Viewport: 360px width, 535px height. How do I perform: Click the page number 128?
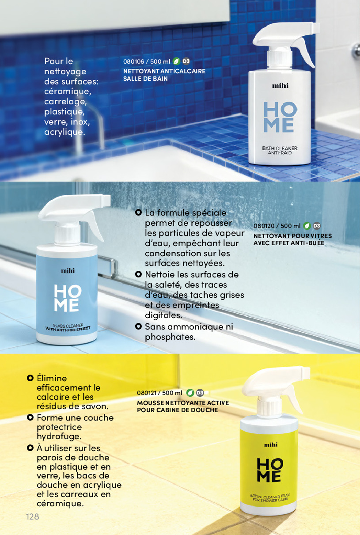[x=33, y=516]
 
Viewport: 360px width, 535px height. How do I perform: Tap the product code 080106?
[x=134, y=61]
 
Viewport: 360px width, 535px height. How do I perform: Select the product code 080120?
[x=264, y=226]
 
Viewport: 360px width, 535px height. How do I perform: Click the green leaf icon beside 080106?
[x=176, y=61]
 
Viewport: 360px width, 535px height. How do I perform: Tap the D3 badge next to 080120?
[x=317, y=226]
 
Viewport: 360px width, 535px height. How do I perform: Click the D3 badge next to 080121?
[x=200, y=393]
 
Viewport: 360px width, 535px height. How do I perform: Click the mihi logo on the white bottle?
[x=280, y=86]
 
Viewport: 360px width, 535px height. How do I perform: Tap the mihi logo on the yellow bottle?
[x=271, y=445]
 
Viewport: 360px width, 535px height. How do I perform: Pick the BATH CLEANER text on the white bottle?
[x=280, y=148]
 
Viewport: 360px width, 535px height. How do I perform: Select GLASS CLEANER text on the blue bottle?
[x=68, y=326]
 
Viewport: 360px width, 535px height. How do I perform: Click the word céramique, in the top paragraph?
[x=68, y=92]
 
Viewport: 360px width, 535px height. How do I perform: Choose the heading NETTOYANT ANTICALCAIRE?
[x=164, y=71]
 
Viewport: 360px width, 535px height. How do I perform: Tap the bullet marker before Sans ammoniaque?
[x=138, y=326]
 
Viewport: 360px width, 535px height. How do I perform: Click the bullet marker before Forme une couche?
[x=30, y=417]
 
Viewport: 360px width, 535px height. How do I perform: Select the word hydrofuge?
[x=59, y=436]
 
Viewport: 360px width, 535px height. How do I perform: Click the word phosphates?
[x=170, y=337]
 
